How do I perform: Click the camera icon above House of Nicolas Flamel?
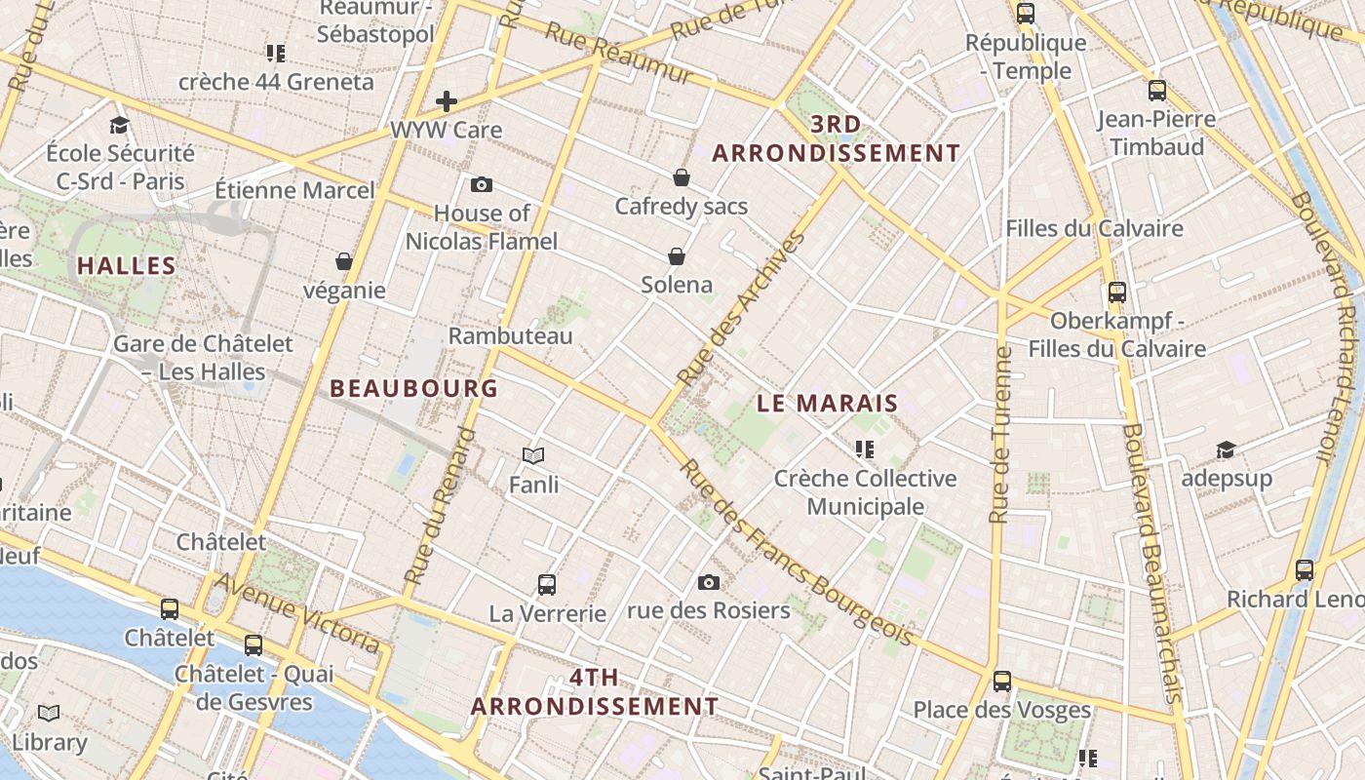click(x=481, y=184)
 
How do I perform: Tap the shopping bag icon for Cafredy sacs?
click(x=682, y=177)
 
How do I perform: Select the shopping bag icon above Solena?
click(x=677, y=256)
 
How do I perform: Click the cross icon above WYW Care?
click(x=447, y=100)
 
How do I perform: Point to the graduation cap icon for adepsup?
click(x=1226, y=449)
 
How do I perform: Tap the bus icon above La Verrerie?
click(x=547, y=585)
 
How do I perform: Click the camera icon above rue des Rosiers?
click(x=709, y=582)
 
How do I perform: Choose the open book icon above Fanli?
click(x=533, y=455)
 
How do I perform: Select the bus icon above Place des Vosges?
click(x=1001, y=682)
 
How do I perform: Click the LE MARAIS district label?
click(x=827, y=403)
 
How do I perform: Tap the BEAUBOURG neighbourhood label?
click(x=413, y=388)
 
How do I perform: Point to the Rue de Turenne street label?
click(x=999, y=435)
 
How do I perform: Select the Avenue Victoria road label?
click(x=296, y=613)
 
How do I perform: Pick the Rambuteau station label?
click(x=510, y=335)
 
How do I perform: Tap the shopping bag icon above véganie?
click(x=344, y=261)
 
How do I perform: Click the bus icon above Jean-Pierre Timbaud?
click(x=1157, y=91)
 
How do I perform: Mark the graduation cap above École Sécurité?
click(x=120, y=125)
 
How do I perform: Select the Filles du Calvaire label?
click(x=1094, y=228)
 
